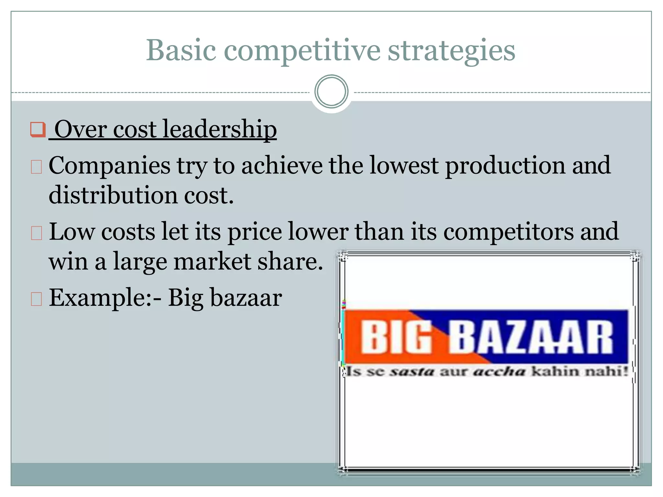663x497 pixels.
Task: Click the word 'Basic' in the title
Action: pyautogui.click(x=181, y=50)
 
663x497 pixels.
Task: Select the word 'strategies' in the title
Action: pyautogui.click(x=451, y=50)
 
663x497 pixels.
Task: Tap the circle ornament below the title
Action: pyautogui.click(x=331, y=92)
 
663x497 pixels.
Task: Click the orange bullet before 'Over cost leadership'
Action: pyautogui.click(x=38, y=129)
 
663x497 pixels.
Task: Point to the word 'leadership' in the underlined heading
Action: pyautogui.click(x=219, y=129)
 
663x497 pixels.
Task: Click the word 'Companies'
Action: pyautogui.click(x=109, y=166)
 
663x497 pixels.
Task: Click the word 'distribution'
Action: pyautogui.click(x=113, y=195)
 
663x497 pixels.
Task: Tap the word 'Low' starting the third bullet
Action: pyautogui.click(x=72, y=232)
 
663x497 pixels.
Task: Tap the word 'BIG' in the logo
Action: pyautogui.click(x=396, y=337)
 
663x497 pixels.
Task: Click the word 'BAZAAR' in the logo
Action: pyautogui.click(x=530, y=337)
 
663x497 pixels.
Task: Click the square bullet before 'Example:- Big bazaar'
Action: pyautogui.click(x=36, y=299)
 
